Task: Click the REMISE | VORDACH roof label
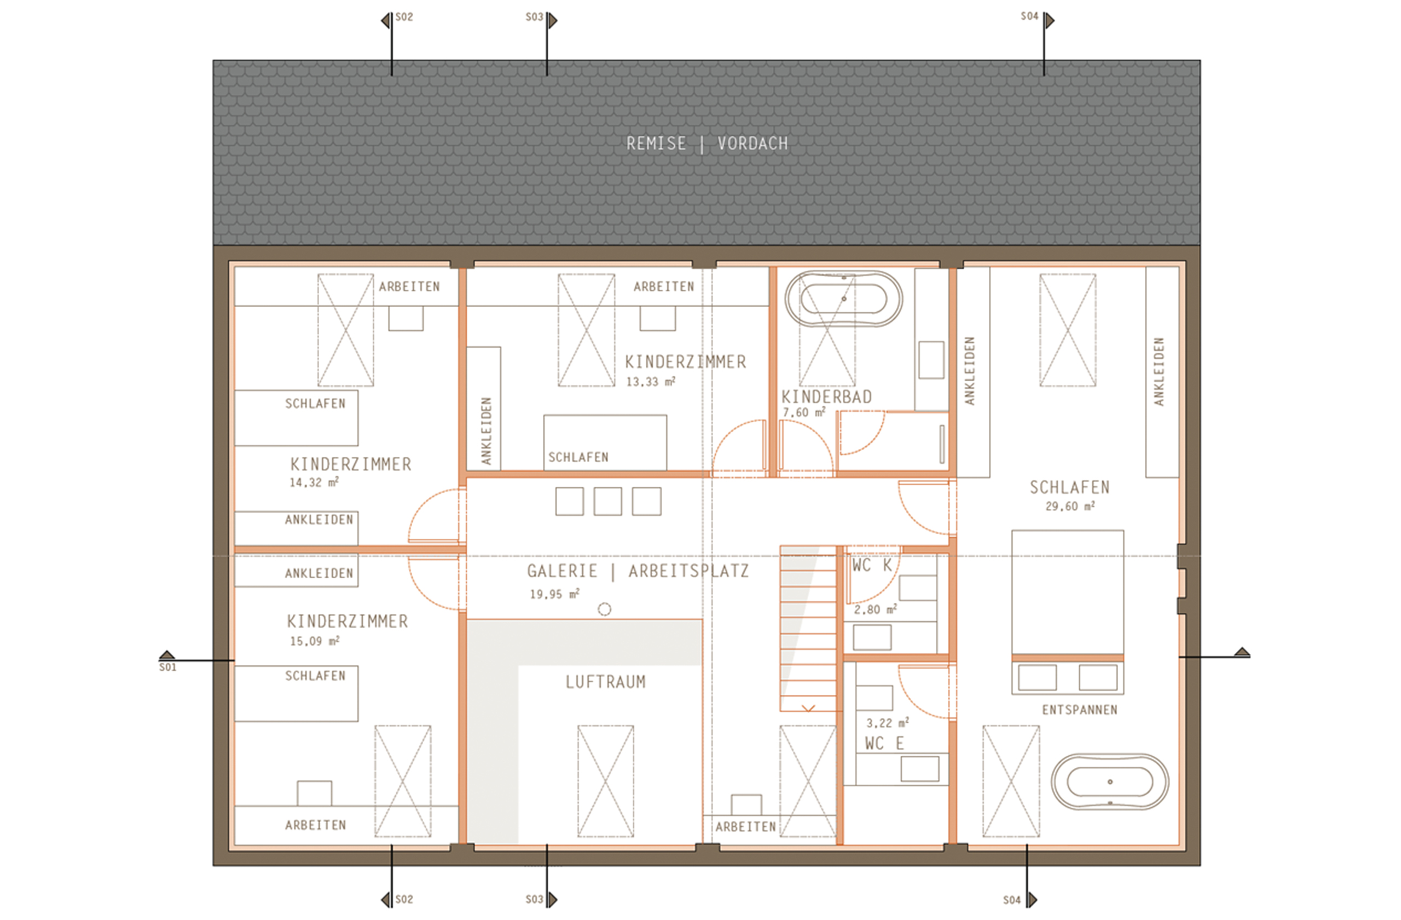(x=707, y=143)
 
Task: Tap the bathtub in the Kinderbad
(x=843, y=298)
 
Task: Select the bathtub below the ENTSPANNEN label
(x=1110, y=781)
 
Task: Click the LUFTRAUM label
(x=605, y=682)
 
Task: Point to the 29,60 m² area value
(x=1069, y=506)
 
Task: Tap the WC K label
(x=872, y=566)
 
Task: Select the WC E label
(x=884, y=743)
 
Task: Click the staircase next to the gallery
(x=808, y=629)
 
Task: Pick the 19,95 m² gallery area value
(x=554, y=594)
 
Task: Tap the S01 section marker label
(x=168, y=668)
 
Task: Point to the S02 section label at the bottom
(x=404, y=899)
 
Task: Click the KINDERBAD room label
(x=826, y=397)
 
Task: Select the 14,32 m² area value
(x=314, y=482)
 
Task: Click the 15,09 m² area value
(x=314, y=641)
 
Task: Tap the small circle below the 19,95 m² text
(x=604, y=609)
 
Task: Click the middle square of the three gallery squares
(x=607, y=501)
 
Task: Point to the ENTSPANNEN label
(x=1080, y=710)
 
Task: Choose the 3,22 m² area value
(x=887, y=723)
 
